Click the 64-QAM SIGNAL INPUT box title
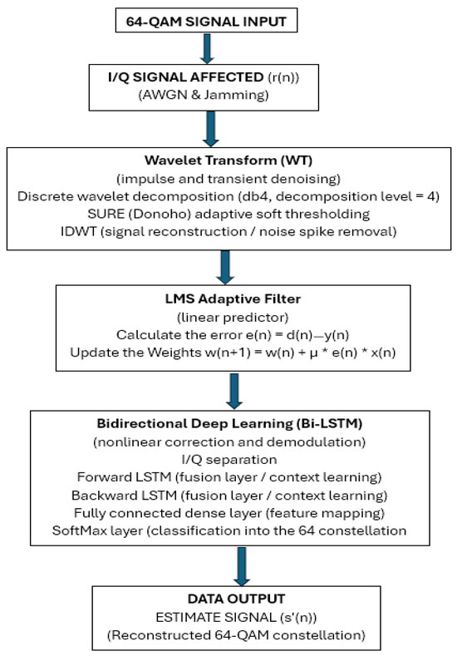[206, 22]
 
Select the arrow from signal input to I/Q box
[207, 48]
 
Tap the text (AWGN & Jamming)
[204, 95]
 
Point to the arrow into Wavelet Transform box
[210, 129]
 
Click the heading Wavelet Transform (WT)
[228, 160]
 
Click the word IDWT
[78, 231]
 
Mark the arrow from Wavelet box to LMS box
[225, 268]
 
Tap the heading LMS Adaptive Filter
[233, 298]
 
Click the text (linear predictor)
[233, 317]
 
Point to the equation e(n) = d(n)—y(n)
[297, 335]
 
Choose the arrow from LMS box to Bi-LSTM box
[234, 391]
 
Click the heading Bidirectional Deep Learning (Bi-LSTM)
[229, 423]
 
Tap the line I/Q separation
[229, 460]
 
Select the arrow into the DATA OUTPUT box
[242, 566]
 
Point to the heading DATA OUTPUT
[236, 599]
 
